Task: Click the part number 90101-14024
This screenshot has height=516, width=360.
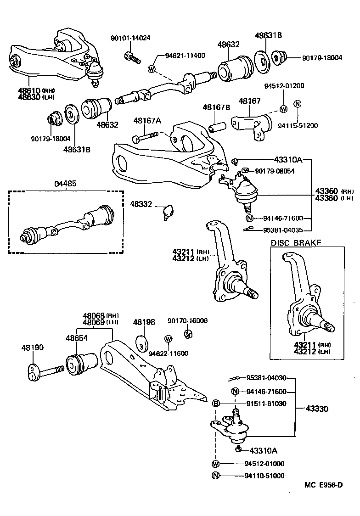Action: pyautogui.click(x=130, y=38)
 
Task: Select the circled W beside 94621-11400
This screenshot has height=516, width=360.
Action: pyautogui.click(x=152, y=69)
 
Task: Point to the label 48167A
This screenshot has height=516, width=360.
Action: pyautogui.click(x=147, y=121)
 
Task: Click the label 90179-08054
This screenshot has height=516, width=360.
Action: pyautogui.click(x=275, y=171)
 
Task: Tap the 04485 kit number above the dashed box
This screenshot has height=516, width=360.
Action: pyautogui.click(x=66, y=184)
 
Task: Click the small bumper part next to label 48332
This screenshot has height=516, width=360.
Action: pyautogui.click(x=168, y=212)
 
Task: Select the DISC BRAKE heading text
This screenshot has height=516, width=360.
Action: pyautogui.click(x=296, y=243)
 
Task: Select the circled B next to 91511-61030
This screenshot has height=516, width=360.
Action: pyautogui.click(x=215, y=404)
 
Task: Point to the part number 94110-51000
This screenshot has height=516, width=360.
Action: pyautogui.click(x=265, y=476)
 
